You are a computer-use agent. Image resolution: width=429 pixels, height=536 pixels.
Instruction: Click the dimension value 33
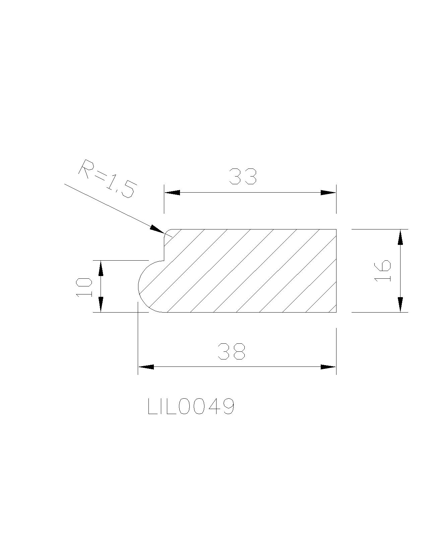point(243,176)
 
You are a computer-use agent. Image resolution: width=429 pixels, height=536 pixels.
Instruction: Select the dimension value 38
point(232,351)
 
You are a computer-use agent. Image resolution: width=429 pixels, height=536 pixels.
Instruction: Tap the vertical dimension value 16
point(382,270)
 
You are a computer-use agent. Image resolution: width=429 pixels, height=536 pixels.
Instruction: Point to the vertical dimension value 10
point(84,287)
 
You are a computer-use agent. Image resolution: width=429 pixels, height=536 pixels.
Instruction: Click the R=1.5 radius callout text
point(108,178)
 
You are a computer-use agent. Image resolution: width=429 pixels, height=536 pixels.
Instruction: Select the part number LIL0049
point(191,406)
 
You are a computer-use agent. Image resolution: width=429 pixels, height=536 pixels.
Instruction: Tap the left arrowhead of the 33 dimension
point(172,193)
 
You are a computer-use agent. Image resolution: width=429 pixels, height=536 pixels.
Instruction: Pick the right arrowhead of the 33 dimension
point(328,193)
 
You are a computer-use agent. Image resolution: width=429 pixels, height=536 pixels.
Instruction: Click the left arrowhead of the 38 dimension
point(146,367)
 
